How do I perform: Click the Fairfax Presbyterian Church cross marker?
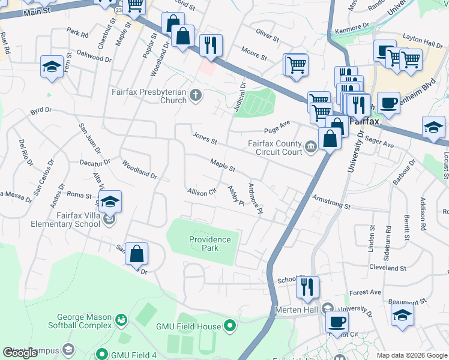(x=195, y=95)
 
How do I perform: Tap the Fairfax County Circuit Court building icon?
(x=310, y=147)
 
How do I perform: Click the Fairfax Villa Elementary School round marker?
(x=109, y=220)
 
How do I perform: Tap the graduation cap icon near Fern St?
(x=52, y=67)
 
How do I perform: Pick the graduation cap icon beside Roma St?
(x=110, y=202)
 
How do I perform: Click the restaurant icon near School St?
(x=307, y=287)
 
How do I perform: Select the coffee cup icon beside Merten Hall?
(x=337, y=321)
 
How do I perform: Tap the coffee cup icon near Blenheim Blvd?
(x=388, y=102)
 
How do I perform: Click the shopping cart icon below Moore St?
(x=296, y=64)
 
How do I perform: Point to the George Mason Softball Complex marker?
(x=122, y=321)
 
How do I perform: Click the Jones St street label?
(x=205, y=138)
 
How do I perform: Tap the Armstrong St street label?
(x=330, y=202)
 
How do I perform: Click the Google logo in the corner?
(x=20, y=353)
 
